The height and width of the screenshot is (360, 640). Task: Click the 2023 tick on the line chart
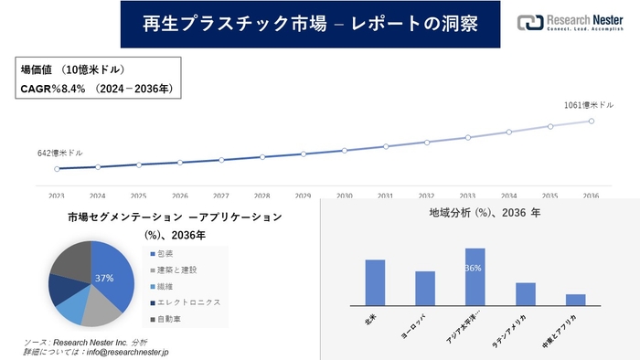point(57,196)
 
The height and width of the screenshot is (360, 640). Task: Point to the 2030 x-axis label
point(344,196)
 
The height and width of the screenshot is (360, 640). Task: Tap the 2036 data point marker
point(591,121)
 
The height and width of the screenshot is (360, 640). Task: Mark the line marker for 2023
point(57,169)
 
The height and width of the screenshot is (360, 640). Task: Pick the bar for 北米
point(375,282)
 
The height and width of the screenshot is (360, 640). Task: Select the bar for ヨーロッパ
point(425,288)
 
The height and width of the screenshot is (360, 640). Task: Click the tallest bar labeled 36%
point(475,276)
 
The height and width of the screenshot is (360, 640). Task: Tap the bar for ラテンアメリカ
point(525,293)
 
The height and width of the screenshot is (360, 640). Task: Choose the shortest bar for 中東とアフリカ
point(575,299)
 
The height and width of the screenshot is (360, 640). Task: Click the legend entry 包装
point(165,253)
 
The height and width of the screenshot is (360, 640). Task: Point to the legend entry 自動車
point(168,319)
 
